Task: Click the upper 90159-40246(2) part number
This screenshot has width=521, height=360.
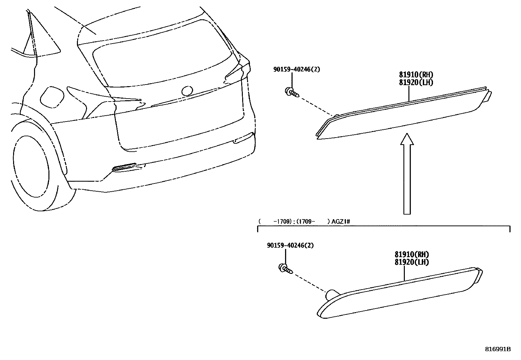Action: [x=296, y=69]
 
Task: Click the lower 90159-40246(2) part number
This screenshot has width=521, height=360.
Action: [x=290, y=245]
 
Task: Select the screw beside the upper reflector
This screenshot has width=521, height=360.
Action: [x=292, y=92]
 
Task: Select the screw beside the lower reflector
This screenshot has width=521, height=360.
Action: [x=286, y=269]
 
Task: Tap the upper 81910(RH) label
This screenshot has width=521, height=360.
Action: [x=416, y=74]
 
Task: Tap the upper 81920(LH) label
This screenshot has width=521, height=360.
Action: [x=416, y=83]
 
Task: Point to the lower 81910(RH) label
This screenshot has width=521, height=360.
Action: [x=412, y=254]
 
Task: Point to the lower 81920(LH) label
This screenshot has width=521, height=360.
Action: [x=412, y=262]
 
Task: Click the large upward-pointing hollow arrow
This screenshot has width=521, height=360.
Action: [x=407, y=174]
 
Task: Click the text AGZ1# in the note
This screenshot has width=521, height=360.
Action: [x=341, y=221]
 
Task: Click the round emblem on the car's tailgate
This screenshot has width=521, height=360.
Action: [x=187, y=91]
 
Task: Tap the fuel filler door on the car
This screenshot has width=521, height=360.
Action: [x=52, y=97]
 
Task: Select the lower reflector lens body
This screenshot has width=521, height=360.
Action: [x=400, y=293]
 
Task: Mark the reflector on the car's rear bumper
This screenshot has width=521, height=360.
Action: [x=125, y=167]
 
